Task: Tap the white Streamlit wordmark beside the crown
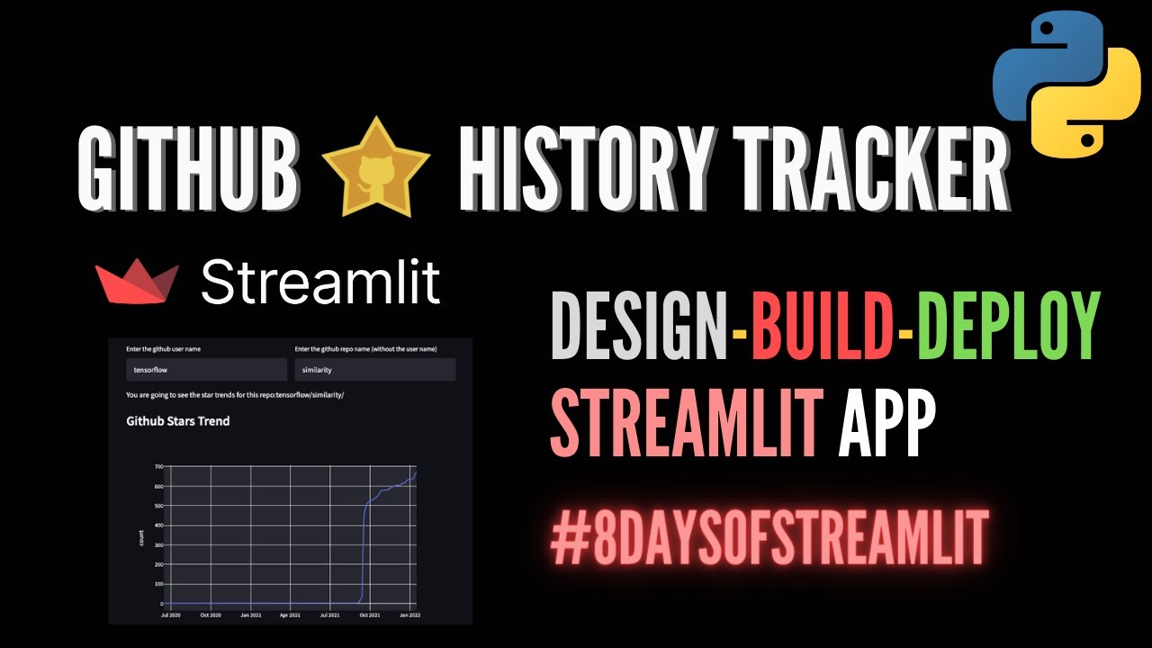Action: click(x=319, y=282)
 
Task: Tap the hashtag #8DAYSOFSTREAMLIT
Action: click(x=769, y=536)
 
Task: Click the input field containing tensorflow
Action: click(x=206, y=370)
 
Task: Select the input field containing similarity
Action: click(x=374, y=370)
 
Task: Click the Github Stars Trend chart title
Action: click(x=178, y=420)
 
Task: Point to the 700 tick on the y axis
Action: click(x=159, y=467)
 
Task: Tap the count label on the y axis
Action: click(x=141, y=538)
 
